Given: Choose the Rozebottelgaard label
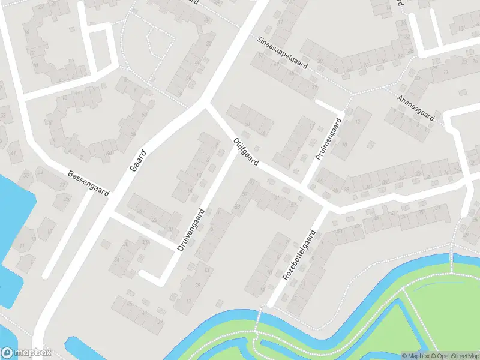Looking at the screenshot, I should pos(299,254).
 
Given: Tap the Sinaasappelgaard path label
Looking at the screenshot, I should pos(281,53).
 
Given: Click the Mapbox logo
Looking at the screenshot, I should pos(26,353).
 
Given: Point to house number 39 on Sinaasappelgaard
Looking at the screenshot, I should pos(314,86).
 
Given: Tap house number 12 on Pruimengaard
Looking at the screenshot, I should pos(358,122).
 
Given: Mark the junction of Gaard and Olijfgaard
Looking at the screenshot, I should pos(205,103).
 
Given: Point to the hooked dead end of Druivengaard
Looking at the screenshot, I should pos(143,274).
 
